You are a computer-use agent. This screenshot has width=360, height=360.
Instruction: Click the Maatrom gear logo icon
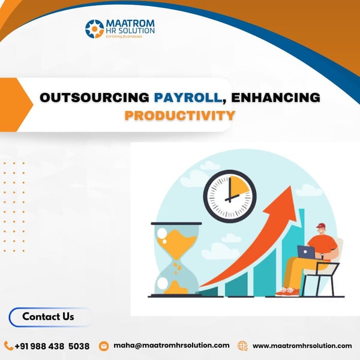click(x=95, y=29)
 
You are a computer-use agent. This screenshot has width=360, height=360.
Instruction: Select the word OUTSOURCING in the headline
click(x=95, y=97)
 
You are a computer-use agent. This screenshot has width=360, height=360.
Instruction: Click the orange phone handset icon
click(x=8, y=346)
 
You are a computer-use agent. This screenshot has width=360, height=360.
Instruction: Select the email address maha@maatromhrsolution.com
click(x=171, y=346)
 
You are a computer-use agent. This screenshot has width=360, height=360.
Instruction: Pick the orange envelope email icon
click(x=104, y=346)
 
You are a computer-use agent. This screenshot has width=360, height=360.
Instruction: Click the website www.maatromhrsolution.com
click(x=302, y=346)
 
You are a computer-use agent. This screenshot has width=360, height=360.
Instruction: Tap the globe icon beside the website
click(x=242, y=346)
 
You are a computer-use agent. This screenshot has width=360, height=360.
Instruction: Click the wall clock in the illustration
click(x=229, y=196)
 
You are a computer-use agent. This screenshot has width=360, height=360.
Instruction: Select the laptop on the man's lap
click(x=307, y=252)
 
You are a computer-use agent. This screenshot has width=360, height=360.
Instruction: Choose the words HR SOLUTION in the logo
click(x=131, y=30)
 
